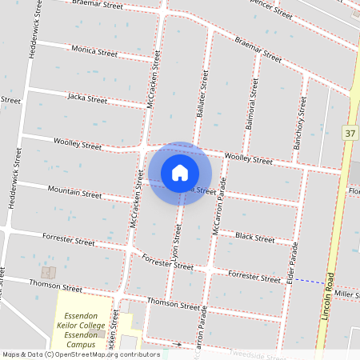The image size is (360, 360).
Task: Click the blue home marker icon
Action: (x=180, y=173)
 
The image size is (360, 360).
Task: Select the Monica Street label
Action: (x=94, y=51)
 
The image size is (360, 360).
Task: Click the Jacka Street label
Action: (x=87, y=99)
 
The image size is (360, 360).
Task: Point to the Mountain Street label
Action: (x=74, y=193)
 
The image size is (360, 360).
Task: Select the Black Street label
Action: (x=254, y=238)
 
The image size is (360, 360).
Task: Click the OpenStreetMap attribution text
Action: (x=81, y=354)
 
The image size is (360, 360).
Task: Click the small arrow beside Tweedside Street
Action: (x=178, y=345)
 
